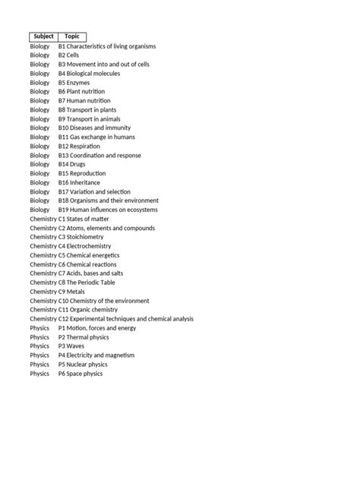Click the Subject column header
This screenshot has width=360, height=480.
pos(43,36)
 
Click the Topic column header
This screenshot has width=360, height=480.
pos(72,36)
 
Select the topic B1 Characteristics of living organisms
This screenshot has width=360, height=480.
pos(107,46)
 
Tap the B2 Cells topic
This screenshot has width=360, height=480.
pos(69,55)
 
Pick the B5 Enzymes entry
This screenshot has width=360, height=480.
pos(74,83)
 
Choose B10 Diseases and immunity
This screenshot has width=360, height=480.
pos(95,128)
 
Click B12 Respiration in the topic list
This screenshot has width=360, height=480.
pos(79,147)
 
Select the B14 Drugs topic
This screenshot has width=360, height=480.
pos(73,165)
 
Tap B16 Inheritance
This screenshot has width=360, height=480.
pos(80,183)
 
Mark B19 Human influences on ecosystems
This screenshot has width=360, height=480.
pos(108,210)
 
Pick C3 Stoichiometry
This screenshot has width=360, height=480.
pos(81,237)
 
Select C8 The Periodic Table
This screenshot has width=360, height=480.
pos(90,283)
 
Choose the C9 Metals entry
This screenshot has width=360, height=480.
pos(74,292)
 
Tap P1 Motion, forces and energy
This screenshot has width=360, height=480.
pos(97,328)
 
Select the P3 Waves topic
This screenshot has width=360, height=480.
pos(72,346)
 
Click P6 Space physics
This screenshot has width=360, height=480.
pos(81,374)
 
